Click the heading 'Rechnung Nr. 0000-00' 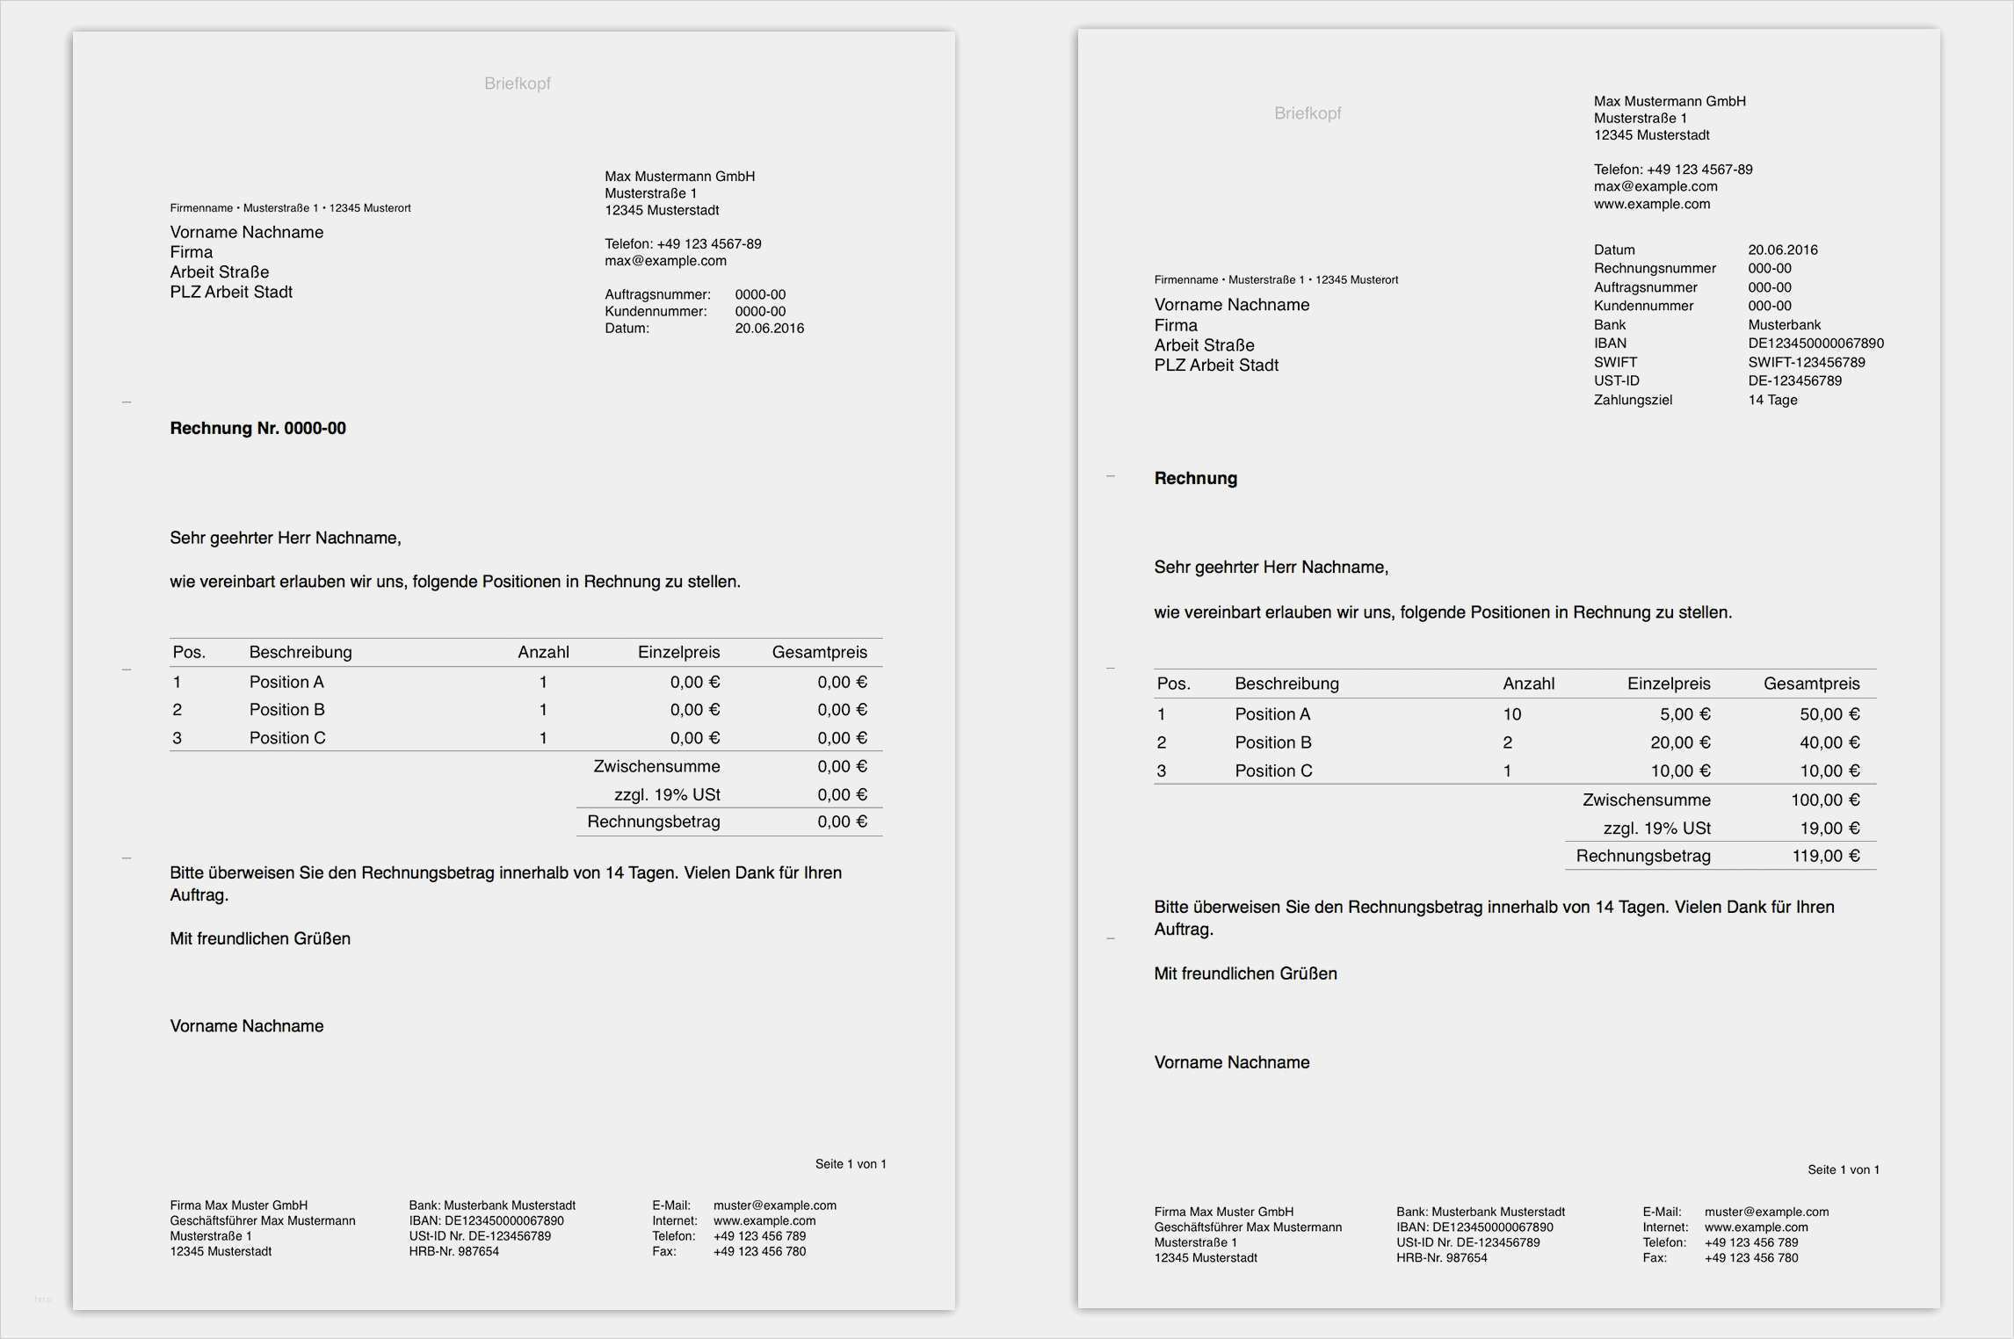257,428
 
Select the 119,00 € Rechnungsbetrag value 1825,856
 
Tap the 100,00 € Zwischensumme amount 1824,800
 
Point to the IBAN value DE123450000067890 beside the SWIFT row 1815,344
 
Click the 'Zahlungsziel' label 1633,400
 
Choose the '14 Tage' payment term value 1772,400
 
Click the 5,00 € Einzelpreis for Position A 1684,714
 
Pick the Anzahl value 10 1511,714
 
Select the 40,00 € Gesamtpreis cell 1829,742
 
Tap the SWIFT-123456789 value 1806,362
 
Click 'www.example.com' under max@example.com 1651,204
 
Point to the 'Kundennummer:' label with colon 656,311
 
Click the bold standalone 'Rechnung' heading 1195,478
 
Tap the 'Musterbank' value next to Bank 1784,325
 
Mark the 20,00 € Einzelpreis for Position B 1679,742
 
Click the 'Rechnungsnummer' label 1655,268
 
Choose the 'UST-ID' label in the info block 1616,380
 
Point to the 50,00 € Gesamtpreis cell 1829,714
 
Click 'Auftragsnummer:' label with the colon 657,294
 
